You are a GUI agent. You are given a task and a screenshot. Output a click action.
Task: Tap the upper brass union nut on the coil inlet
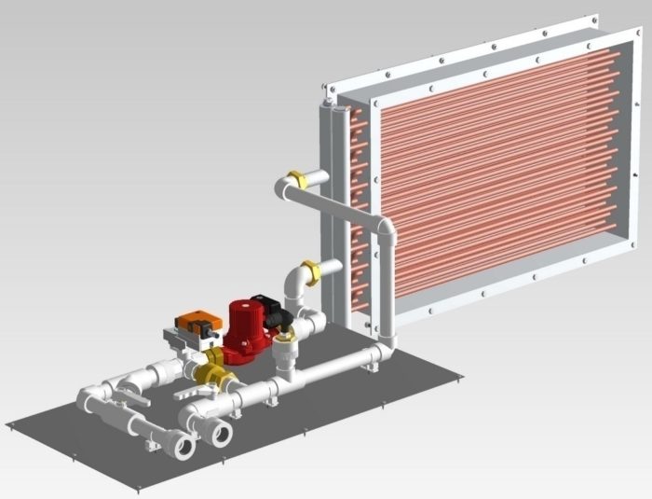297,179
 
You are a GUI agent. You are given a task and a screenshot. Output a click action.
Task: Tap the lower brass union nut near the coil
312,271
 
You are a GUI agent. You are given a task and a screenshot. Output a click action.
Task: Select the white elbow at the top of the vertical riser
386,229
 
